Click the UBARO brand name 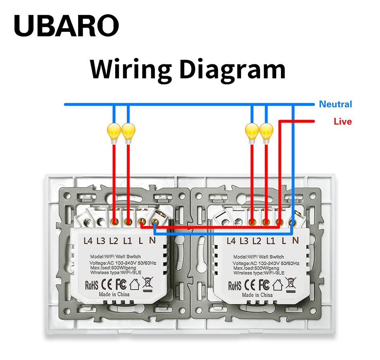(66, 25)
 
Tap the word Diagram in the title (232, 70)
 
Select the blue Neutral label (335, 104)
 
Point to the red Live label (343, 121)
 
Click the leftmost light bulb (114, 134)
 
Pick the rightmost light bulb (266, 134)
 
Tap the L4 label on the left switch (88, 241)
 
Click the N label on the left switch (152, 241)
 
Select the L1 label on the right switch (271, 241)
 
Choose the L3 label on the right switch (244, 241)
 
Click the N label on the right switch (295, 241)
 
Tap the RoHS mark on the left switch (92, 285)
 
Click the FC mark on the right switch (264, 285)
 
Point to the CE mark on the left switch (106, 284)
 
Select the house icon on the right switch (278, 285)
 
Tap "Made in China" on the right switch (257, 295)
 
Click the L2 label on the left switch (114, 241)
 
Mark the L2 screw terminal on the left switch (114, 221)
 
